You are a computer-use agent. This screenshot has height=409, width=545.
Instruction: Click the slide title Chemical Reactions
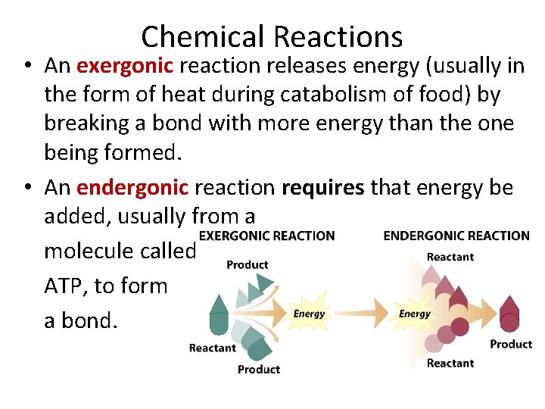pyautogui.click(x=272, y=36)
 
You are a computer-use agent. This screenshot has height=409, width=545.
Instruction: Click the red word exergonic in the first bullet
pyautogui.click(x=126, y=66)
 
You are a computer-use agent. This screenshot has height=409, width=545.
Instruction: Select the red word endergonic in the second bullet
pyautogui.click(x=132, y=187)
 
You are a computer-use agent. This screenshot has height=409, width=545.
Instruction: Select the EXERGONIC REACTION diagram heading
pyautogui.click(x=266, y=236)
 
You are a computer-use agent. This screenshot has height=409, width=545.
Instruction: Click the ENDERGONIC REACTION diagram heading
pyautogui.click(x=456, y=236)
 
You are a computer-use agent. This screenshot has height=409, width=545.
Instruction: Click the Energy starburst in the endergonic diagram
pyautogui.click(x=415, y=314)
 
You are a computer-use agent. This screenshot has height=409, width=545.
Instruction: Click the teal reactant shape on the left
pyautogui.click(x=220, y=316)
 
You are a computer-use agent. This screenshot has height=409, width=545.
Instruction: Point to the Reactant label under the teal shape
pyautogui.click(x=213, y=348)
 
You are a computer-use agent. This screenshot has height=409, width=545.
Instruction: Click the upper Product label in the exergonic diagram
pyautogui.click(x=248, y=264)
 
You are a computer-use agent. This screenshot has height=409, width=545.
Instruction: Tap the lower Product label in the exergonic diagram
pyautogui.click(x=259, y=370)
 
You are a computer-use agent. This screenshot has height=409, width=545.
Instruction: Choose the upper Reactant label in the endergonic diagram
pyautogui.click(x=450, y=257)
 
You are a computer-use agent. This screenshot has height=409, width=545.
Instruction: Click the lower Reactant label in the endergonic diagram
pyautogui.click(x=450, y=364)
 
